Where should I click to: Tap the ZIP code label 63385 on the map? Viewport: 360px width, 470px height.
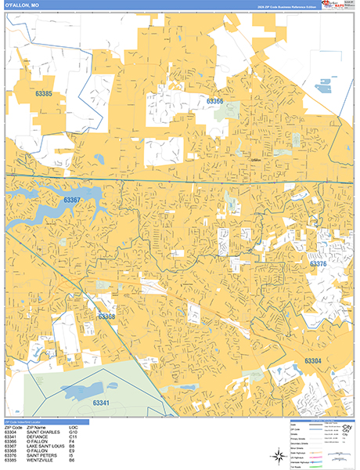(44, 95)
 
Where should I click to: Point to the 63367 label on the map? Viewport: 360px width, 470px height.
(72, 201)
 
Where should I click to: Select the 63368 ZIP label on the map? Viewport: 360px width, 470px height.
(107, 316)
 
